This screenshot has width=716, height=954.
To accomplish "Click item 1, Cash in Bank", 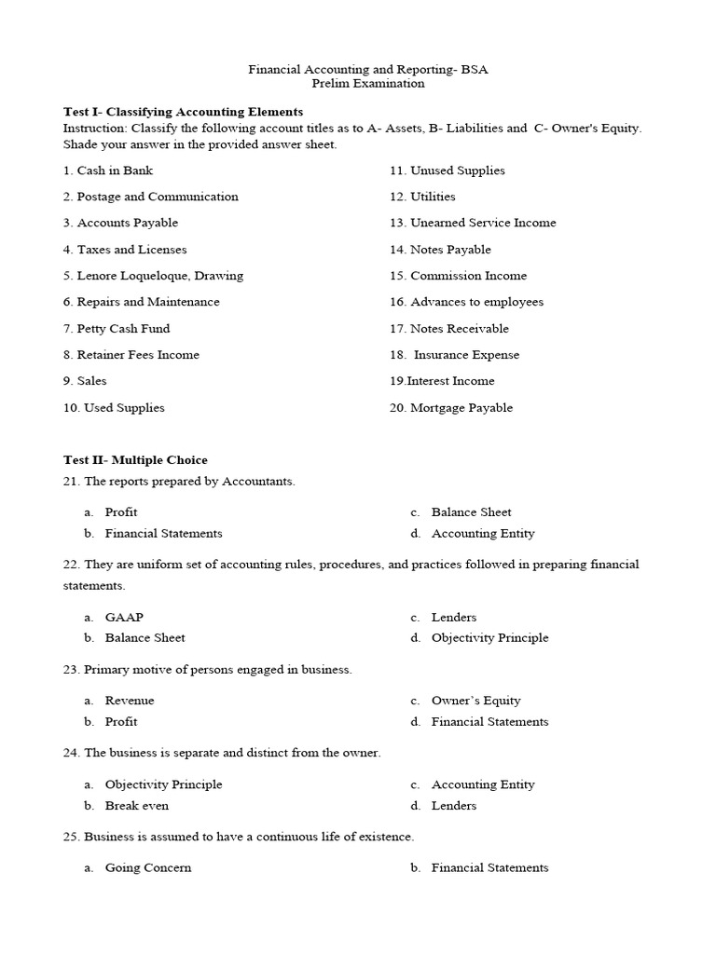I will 108,170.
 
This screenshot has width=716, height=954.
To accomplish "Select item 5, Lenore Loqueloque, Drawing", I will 153,276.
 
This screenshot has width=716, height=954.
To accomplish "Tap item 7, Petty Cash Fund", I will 117,329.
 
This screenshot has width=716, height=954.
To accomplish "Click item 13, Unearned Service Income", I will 473,223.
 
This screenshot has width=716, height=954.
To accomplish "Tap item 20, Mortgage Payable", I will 451,408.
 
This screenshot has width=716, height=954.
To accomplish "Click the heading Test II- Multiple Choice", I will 135,459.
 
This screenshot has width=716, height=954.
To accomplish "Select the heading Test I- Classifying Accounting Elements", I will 183,112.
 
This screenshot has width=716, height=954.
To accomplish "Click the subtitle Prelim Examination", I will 367,83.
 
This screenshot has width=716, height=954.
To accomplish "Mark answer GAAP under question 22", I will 124,617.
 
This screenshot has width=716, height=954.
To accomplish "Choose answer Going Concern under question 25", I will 148,867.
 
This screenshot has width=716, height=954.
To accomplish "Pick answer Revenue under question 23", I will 130,701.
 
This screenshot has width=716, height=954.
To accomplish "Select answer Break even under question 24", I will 137,806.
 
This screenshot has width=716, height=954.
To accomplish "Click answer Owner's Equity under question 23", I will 475,701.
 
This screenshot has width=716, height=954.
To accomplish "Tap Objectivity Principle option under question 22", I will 489,638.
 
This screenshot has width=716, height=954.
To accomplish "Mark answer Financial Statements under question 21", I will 163,534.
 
